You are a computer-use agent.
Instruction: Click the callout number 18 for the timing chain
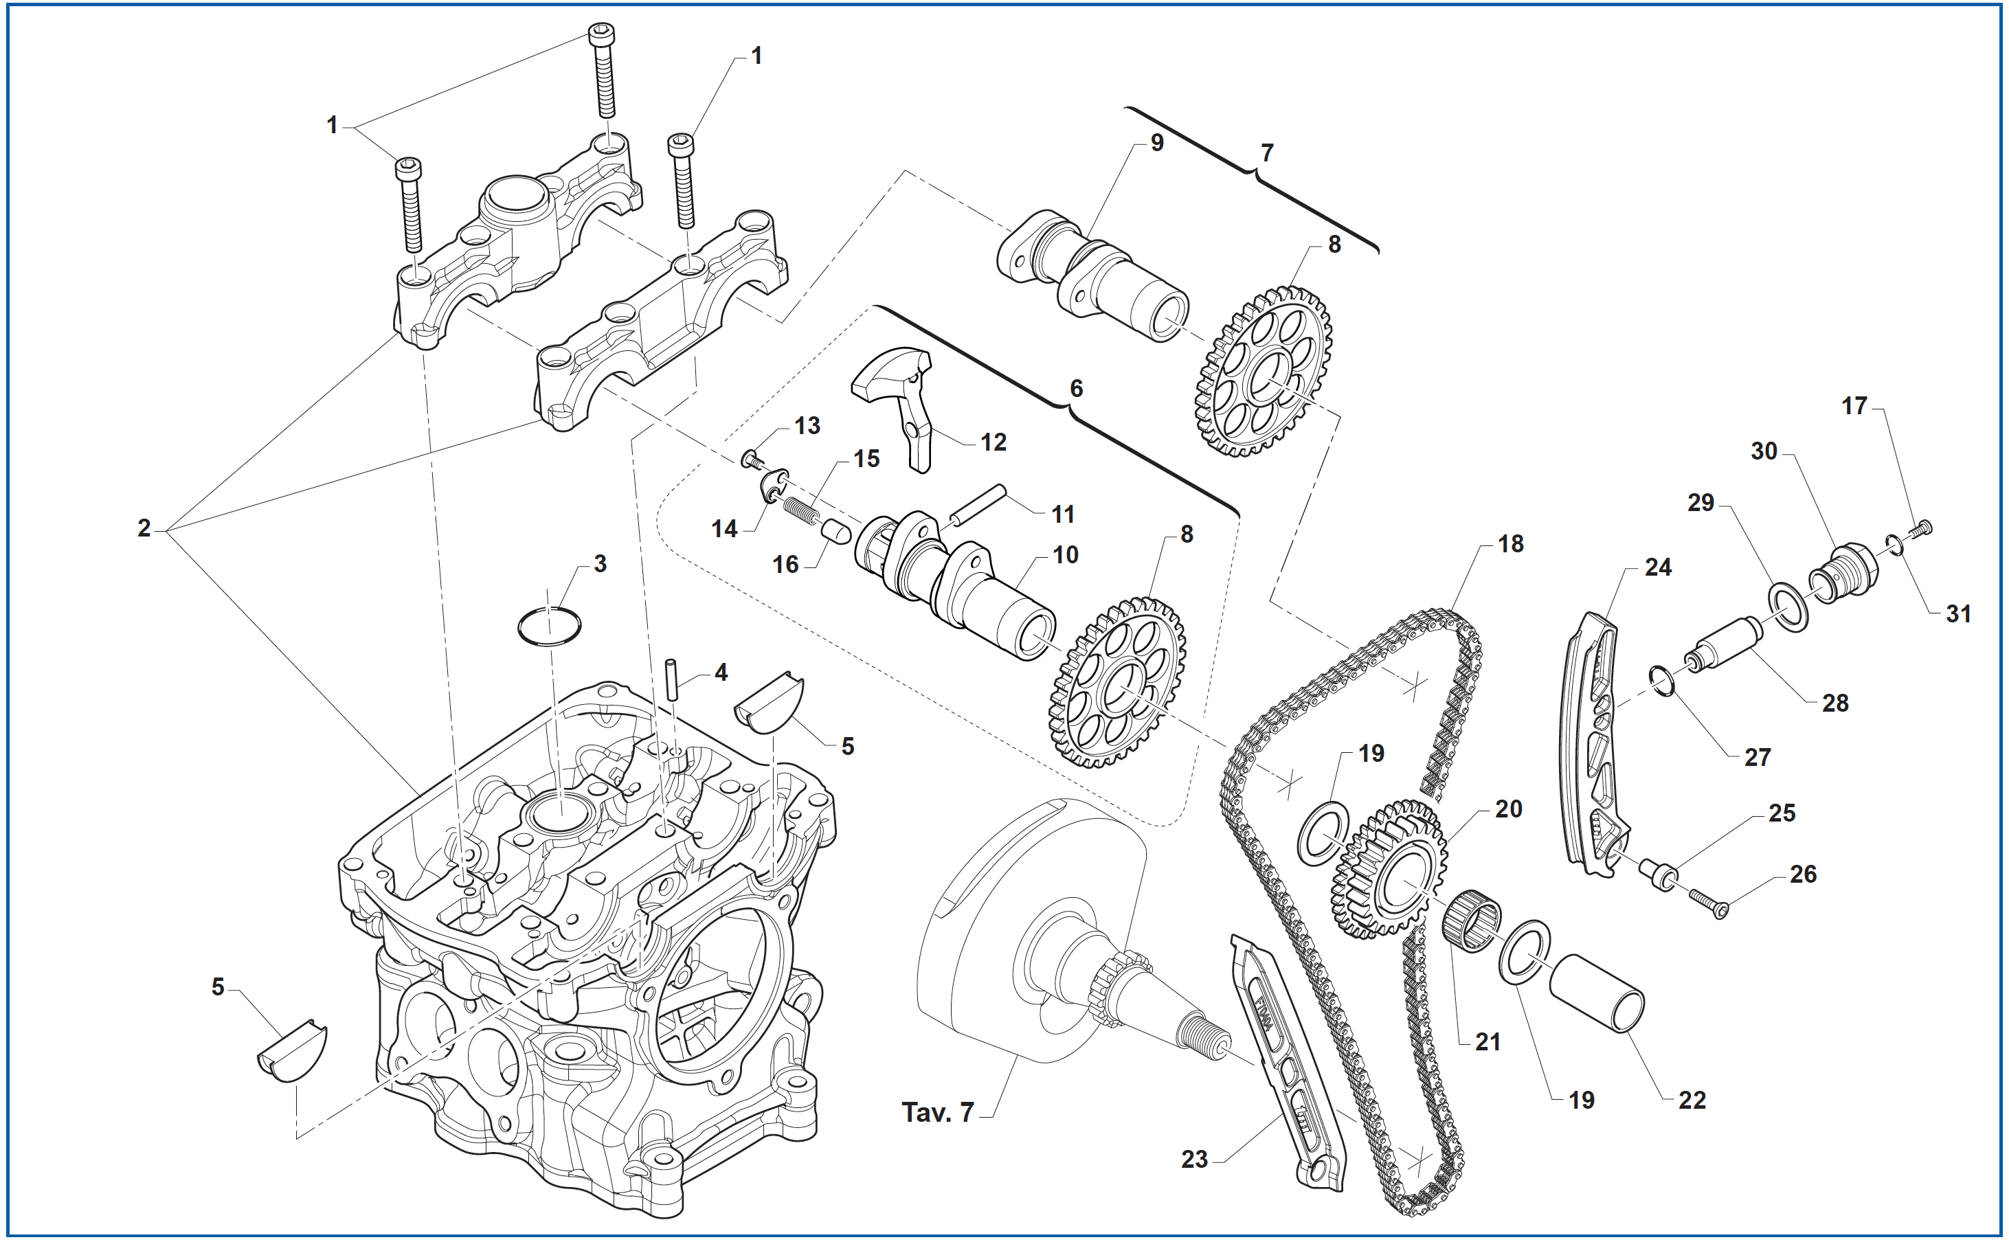[x=1510, y=544]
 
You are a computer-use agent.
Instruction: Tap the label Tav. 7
[x=937, y=1112]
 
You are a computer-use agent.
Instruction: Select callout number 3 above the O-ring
[x=601, y=564]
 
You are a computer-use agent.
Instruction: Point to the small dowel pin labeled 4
[x=672, y=679]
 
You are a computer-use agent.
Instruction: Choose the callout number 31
[x=1958, y=613]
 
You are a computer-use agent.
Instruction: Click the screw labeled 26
[x=1707, y=902]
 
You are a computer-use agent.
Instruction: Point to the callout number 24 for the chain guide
[x=1657, y=567]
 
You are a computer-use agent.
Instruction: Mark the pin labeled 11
[x=978, y=504]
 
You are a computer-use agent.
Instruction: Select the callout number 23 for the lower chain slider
[x=1194, y=1159]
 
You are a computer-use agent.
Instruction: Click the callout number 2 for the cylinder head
[x=144, y=528]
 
